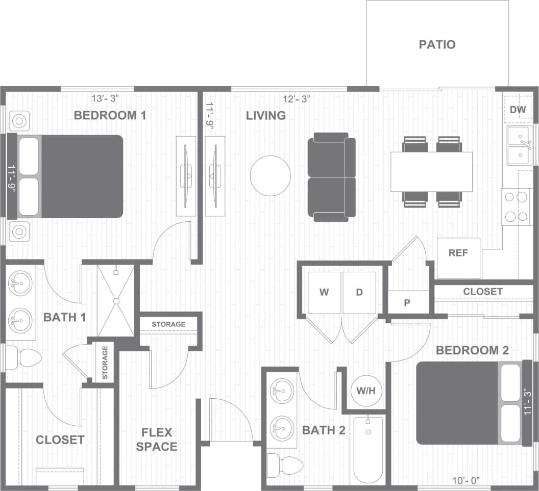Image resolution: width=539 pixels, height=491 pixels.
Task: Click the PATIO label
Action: point(437,44)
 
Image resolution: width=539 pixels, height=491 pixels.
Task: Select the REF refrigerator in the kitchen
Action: point(458,257)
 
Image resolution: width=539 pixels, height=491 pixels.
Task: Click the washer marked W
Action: point(324,293)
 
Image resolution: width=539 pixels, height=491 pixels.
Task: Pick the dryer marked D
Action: point(359,293)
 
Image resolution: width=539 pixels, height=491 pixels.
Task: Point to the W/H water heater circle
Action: point(366,391)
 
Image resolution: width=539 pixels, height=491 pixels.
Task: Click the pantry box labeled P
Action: point(407,302)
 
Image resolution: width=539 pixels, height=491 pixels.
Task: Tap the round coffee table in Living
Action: point(271,175)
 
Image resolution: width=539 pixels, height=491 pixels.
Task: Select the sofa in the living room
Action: point(331,177)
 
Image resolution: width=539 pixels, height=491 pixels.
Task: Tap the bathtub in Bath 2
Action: point(367,449)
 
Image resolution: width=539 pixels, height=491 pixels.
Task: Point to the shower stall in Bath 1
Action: point(116,301)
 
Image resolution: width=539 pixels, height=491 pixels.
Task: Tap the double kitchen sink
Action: point(519,146)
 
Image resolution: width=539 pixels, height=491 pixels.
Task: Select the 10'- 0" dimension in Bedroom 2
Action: point(465,480)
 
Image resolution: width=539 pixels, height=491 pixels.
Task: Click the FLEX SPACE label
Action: point(159,440)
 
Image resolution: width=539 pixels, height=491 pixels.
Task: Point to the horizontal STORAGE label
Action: point(168,324)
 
